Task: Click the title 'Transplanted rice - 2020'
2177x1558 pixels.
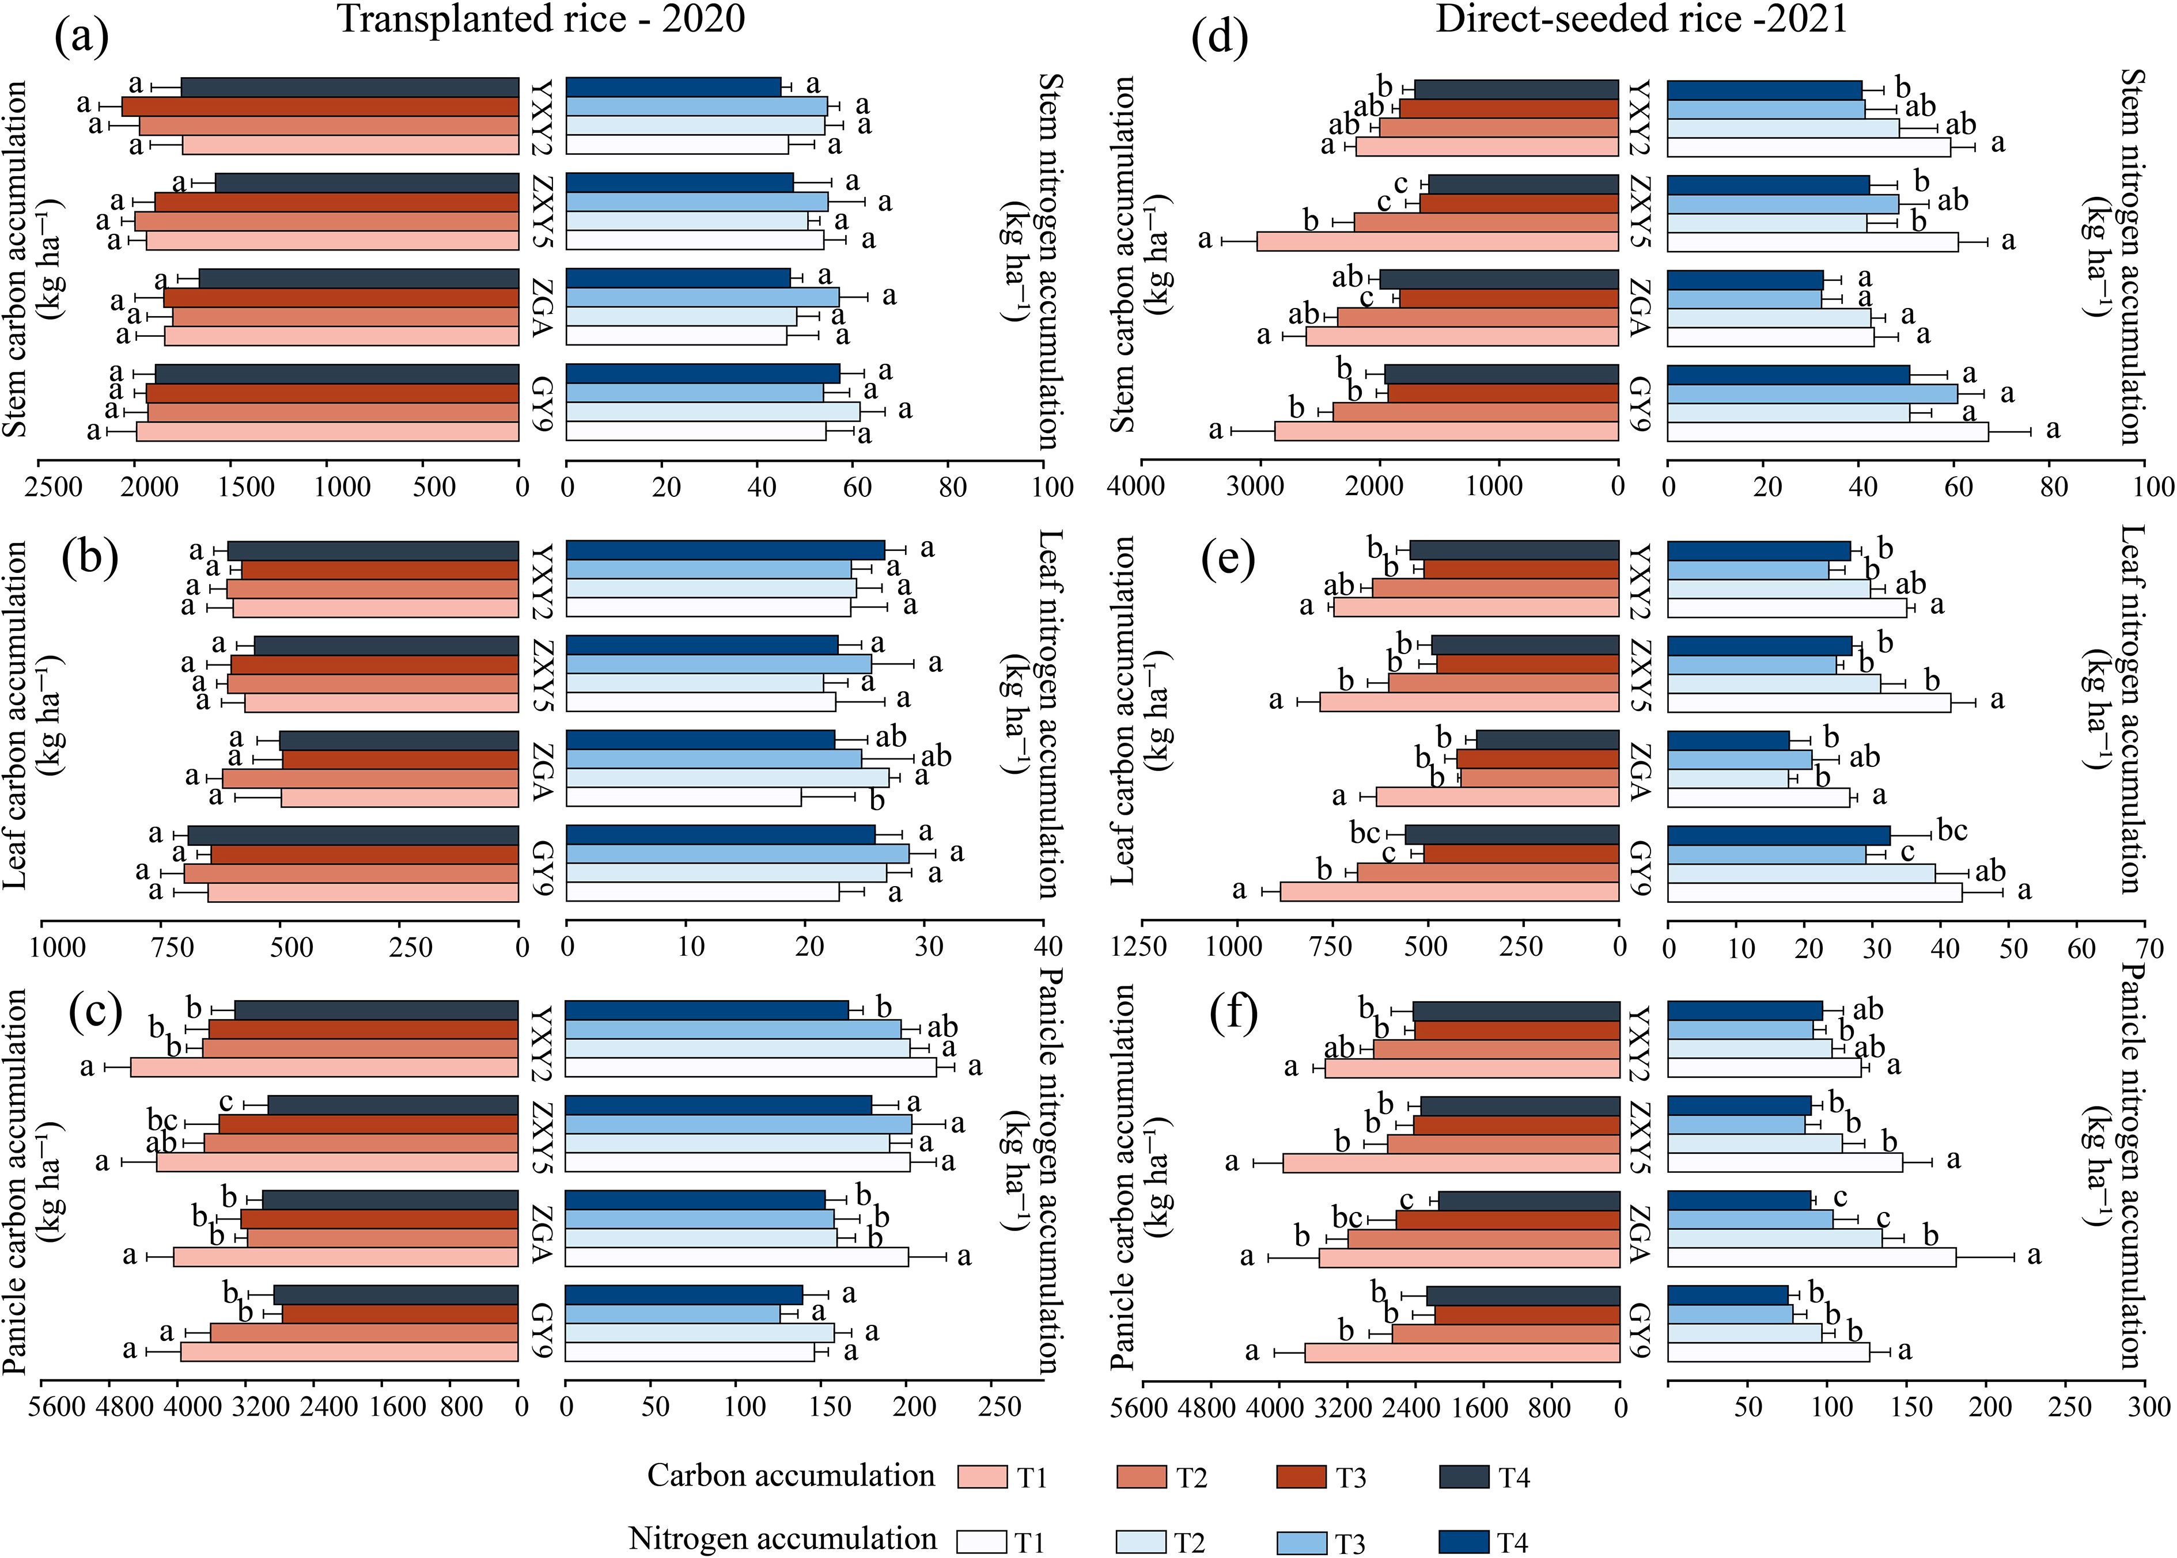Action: pyautogui.click(x=542, y=19)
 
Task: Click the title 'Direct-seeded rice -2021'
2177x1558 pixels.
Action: pyautogui.click(x=1641, y=19)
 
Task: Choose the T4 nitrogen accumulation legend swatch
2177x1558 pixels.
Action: pyautogui.click(x=1464, y=1542)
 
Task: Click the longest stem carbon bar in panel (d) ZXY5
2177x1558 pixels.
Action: pyautogui.click(x=1437, y=241)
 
